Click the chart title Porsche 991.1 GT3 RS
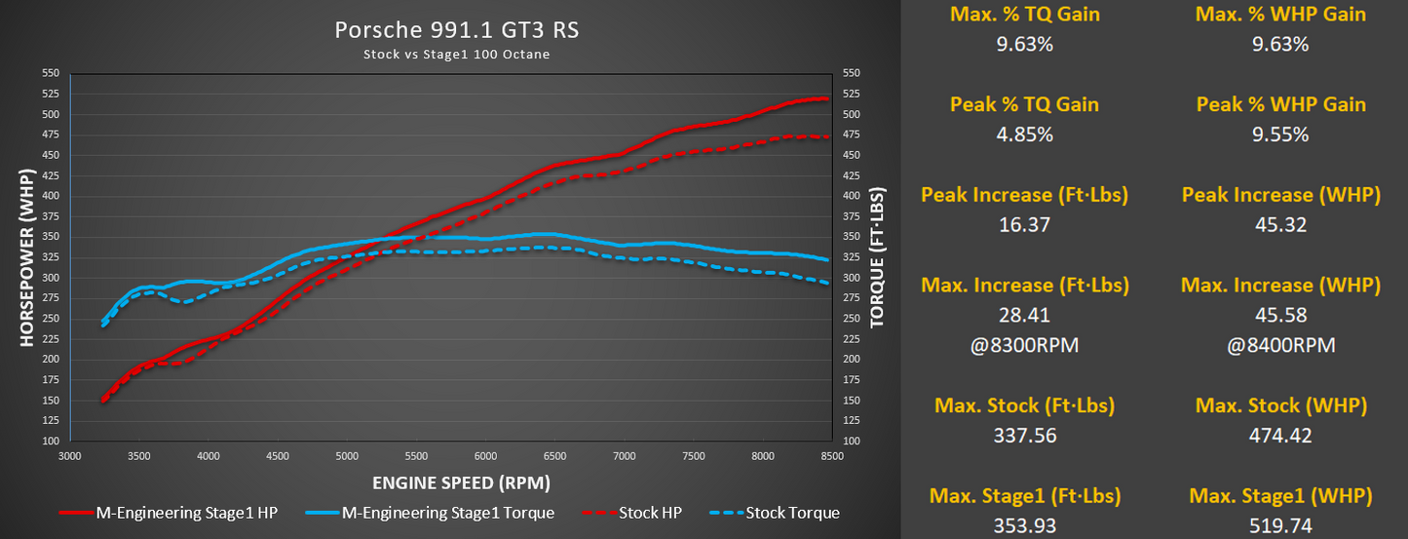tap(456, 30)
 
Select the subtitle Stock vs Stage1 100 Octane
tap(456, 55)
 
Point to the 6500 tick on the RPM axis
tap(554, 456)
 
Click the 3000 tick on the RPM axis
tap(69, 456)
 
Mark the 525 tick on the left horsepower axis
tap(51, 94)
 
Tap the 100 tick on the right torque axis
tap(851, 442)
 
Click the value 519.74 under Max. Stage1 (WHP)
tap(1280, 526)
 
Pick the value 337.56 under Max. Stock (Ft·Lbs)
tap(1024, 436)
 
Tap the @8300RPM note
tap(1024, 345)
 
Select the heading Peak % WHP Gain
tap(1280, 104)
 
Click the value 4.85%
tap(1024, 135)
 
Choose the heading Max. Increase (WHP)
tap(1280, 286)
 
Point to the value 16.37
tap(1024, 225)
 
